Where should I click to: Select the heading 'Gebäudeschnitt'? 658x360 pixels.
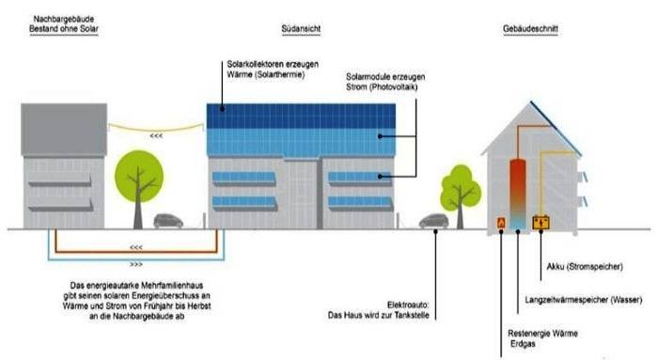point(531,29)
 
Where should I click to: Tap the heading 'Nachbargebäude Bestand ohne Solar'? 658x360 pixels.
point(64,23)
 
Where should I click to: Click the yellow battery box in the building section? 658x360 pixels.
point(540,222)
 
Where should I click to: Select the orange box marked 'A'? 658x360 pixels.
point(501,222)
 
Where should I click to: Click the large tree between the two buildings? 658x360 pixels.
point(137,179)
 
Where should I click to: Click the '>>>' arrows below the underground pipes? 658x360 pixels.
point(137,264)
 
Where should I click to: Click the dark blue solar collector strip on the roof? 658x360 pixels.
point(301,116)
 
